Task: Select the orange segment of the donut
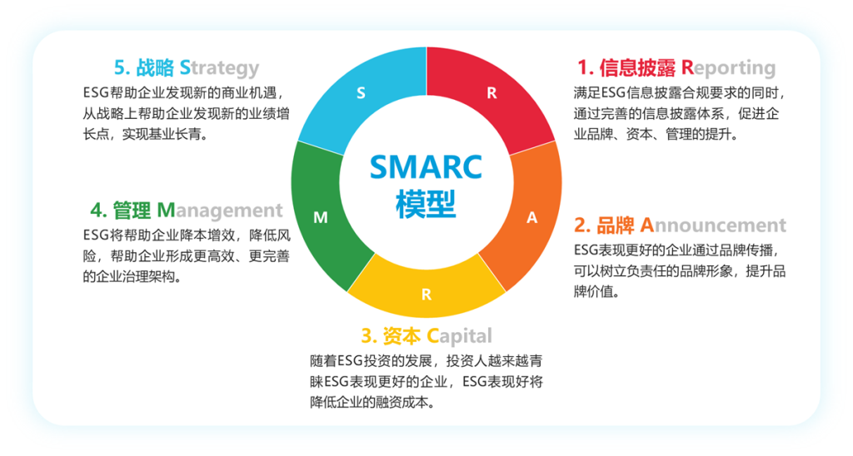531,217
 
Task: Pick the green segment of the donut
321,217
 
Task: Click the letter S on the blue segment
361,93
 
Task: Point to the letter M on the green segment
321,217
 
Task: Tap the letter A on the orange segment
532,217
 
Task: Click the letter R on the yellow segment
426,295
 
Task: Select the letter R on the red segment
491,93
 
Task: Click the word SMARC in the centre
426,167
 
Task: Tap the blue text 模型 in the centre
426,205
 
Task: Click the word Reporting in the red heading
728,68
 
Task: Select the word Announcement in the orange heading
713,225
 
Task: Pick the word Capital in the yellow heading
459,336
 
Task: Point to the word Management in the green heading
220,211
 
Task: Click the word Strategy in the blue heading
219,68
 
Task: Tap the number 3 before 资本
367,336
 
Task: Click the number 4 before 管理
97,211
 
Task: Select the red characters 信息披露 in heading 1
637,68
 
